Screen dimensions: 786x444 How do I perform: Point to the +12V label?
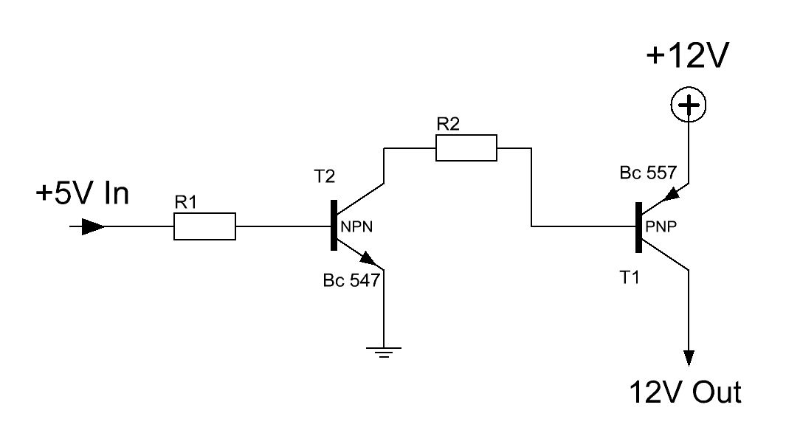tap(687, 55)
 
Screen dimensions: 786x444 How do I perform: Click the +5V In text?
tap(83, 193)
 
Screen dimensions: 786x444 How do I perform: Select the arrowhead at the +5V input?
tap(93, 226)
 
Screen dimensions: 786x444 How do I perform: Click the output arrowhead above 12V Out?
tap(689, 358)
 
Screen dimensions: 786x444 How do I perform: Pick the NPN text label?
tap(356, 227)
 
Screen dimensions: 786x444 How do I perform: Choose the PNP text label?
tap(661, 227)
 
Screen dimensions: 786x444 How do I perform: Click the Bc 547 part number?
tap(351, 280)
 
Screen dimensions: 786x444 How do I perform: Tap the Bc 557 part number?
tap(648, 173)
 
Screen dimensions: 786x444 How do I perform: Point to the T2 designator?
tap(324, 176)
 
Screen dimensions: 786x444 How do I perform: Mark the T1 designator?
tap(630, 277)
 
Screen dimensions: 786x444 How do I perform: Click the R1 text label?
tap(185, 203)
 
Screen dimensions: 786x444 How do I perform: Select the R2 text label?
tap(448, 124)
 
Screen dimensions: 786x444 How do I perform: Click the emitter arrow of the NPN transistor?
tap(369, 259)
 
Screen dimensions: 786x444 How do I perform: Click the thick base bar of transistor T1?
tap(638, 227)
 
